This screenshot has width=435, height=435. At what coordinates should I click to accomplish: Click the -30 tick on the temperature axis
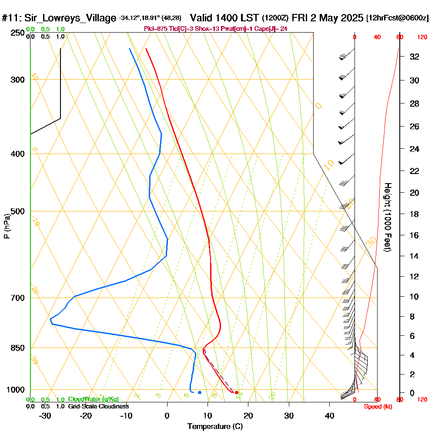tap(46, 415)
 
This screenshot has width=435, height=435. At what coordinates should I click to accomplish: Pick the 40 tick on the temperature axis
tap(329, 415)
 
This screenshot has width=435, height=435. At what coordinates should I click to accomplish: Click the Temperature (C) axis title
tap(215, 427)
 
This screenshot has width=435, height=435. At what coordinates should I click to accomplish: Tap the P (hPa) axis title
tap(7, 226)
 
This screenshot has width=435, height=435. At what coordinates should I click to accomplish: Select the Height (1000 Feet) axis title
tap(386, 217)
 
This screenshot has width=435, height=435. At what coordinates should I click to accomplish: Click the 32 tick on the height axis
tap(415, 57)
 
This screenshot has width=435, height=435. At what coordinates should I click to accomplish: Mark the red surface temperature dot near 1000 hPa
tap(237, 393)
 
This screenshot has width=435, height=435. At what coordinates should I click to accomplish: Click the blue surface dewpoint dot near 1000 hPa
tap(199, 392)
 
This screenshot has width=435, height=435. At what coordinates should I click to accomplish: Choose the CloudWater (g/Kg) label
tap(93, 399)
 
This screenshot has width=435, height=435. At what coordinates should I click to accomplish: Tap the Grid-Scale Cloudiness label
tap(98, 406)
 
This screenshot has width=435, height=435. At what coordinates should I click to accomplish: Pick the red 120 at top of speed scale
tap(422, 37)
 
